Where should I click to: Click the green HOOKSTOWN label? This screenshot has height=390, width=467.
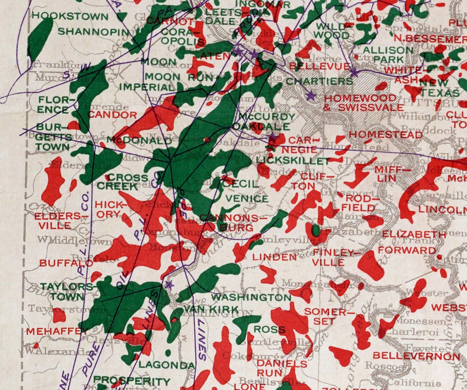click(x=70, y=16)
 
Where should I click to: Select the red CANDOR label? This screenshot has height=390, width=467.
click(x=112, y=115)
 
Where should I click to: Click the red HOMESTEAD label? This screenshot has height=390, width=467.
click(x=386, y=135)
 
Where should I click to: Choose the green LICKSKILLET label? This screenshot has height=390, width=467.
click(x=293, y=160)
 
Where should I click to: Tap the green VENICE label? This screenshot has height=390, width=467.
click(x=247, y=198)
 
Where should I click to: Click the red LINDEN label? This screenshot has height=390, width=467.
click(x=275, y=257)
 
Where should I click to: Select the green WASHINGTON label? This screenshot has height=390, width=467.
click(x=251, y=297)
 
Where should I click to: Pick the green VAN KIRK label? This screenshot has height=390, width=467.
click(x=211, y=310)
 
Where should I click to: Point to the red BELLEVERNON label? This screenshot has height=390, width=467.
click(x=416, y=356)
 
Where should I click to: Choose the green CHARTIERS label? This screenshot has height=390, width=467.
click(x=319, y=81)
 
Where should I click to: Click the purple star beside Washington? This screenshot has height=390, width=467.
click(x=168, y=285)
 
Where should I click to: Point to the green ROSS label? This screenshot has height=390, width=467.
click(x=269, y=329)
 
